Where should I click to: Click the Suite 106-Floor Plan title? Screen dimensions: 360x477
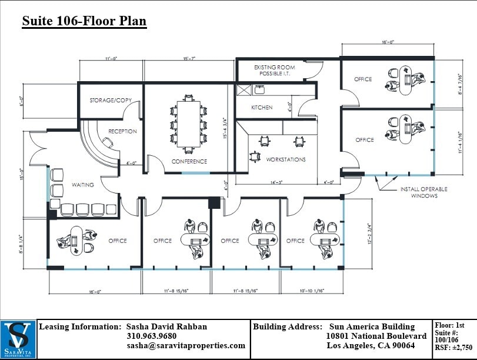point(84,22)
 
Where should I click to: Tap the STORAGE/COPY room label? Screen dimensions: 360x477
point(111,100)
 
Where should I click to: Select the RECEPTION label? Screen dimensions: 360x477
point(123,131)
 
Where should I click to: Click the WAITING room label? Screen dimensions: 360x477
point(83,185)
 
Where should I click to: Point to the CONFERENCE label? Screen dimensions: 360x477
point(189,161)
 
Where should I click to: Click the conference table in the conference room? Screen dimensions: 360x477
point(189,124)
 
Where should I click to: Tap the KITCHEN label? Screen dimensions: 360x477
point(262,108)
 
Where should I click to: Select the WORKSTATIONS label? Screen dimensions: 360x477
point(286,159)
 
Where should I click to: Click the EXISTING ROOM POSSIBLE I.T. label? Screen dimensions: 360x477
point(274,71)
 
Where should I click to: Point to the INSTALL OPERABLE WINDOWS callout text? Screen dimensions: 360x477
point(423,192)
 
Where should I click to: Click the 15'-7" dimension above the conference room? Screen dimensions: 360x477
point(189,59)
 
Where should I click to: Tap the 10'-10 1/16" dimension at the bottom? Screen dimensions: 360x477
point(312,290)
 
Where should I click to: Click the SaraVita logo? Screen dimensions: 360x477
point(18,339)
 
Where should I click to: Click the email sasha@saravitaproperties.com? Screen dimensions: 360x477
point(186,346)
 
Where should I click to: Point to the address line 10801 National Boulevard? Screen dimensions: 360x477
point(376,336)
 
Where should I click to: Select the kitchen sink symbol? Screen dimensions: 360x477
point(259,90)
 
